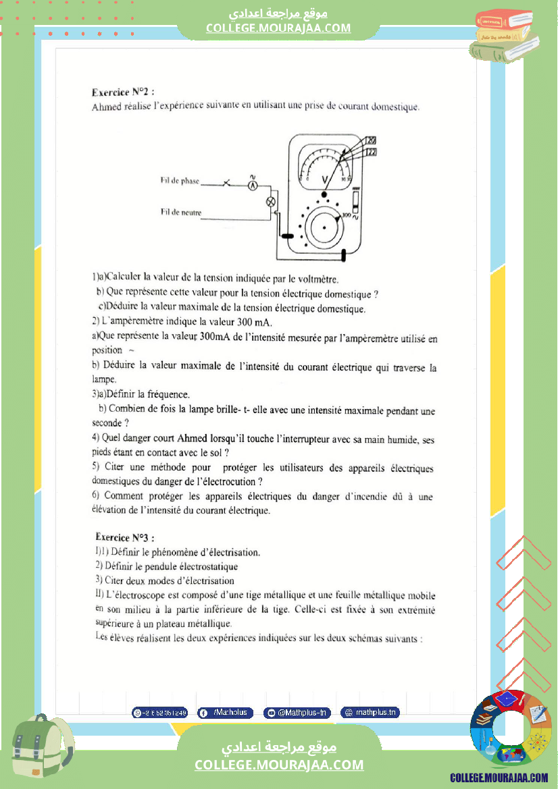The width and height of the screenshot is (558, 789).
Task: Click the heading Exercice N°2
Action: pos(123,93)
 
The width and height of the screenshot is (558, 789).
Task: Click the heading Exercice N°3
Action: pos(125,538)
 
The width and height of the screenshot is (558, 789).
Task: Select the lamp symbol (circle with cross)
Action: pos(272,201)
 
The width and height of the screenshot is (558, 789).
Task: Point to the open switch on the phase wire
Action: pos(227,183)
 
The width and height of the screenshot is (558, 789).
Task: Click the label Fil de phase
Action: pos(180,181)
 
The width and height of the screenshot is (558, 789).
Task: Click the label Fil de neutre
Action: pos(180,213)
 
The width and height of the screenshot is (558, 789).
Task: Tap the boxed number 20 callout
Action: pos(370,140)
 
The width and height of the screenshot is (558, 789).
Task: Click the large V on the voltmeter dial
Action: pos(325,179)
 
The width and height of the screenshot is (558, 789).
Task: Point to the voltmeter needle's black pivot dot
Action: pos(324,194)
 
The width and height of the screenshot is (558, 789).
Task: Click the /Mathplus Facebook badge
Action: pos(226,713)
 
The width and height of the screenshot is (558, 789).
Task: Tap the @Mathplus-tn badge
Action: pos(297,713)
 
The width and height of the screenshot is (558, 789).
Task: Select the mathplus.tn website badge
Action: pos(370,713)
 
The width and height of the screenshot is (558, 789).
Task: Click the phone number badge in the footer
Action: pos(160,713)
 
